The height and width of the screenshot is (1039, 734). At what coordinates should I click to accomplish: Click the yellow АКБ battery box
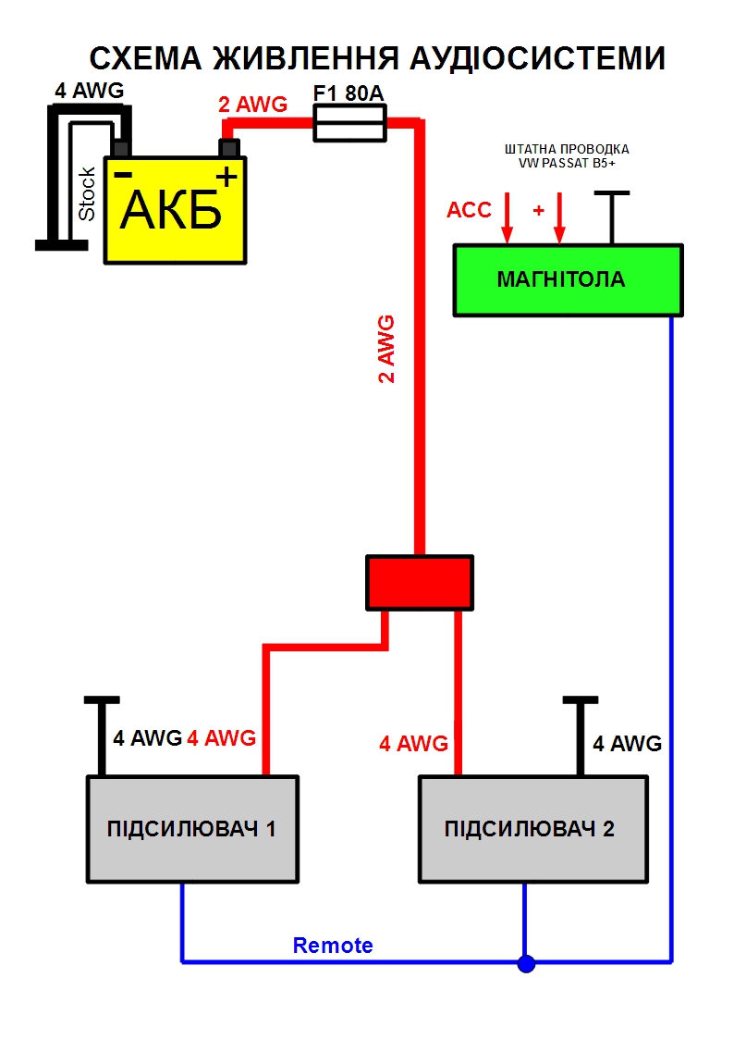tap(176, 211)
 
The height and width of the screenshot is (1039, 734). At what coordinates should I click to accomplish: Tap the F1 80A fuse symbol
tap(349, 123)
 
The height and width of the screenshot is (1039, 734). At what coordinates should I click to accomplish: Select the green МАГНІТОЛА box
tap(568, 279)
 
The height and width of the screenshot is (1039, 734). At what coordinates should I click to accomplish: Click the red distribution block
tap(420, 583)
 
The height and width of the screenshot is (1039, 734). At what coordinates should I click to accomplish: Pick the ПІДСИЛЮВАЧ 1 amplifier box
tap(192, 828)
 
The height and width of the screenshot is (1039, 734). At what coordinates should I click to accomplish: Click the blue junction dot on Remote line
tap(526, 964)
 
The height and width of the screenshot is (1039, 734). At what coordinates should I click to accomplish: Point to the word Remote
tap(333, 946)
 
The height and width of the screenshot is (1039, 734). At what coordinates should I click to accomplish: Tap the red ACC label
tap(469, 209)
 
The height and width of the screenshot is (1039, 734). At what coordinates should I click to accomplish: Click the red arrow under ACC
tap(507, 222)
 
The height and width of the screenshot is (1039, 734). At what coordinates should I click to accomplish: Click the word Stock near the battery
tap(87, 193)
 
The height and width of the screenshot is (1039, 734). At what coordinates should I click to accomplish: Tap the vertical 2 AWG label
tap(386, 349)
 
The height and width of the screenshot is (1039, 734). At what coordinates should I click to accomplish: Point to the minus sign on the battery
tap(122, 173)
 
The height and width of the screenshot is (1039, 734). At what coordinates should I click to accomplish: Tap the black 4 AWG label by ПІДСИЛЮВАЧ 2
tap(627, 743)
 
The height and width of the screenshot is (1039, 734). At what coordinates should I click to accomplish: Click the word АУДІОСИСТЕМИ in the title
tap(533, 58)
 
